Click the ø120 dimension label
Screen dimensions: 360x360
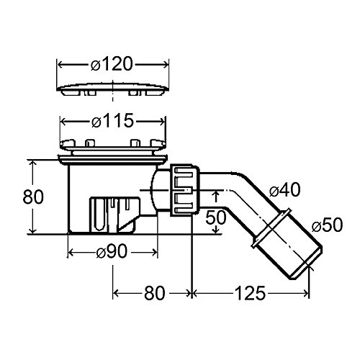tap(112, 64)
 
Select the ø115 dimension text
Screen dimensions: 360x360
tap(112, 120)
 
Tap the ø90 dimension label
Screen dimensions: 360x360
tap(112, 252)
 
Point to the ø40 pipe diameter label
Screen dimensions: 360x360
tap(284, 190)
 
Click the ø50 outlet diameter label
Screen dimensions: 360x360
tap(328, 225)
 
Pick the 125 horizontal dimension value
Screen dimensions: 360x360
tap(250, 293)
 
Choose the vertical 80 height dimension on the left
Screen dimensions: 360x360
tap(33, 197)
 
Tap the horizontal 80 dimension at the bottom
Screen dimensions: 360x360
tap(155, 293)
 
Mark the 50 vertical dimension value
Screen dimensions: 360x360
tap(216, 217)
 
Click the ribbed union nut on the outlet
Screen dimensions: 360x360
tap(184, 190)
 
